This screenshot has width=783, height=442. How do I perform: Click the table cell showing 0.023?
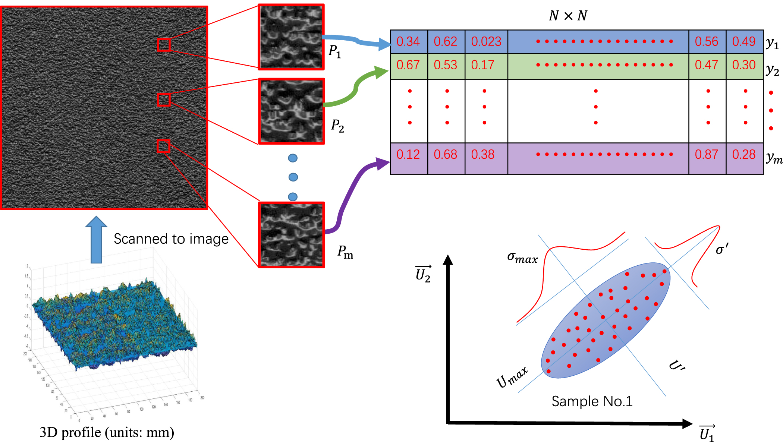pyautogui.click(x=486, y=41)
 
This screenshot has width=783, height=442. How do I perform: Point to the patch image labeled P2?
pyautogui.click(x=292, y=111)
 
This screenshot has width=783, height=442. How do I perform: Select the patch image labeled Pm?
pyautogui.click(x=292, y=235)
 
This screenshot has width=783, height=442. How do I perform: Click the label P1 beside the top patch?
pyautogui.click(x=334, y=51)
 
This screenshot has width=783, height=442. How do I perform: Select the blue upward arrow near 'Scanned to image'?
pyautogui.click(x=96, y=240)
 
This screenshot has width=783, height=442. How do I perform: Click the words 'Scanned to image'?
pyautogui.click(x=171, y=239)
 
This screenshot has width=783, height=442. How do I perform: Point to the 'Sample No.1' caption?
pyautogui.click(x=592, y=401)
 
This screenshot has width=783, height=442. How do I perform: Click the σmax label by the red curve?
pyautogui.click(x=522, y=258)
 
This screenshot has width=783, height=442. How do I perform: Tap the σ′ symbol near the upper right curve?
pyautogui.click(x=721, y=249)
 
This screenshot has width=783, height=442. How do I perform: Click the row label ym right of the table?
pyautogui.click(x=774, y=158)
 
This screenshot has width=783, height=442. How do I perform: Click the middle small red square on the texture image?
pyautogui.click(x=164, y=100)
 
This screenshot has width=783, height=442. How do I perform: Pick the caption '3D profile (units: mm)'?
pyautogui.click(x=107, y=432)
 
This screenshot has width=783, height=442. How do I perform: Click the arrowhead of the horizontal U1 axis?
pyautogui.click(x=687, y=423)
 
